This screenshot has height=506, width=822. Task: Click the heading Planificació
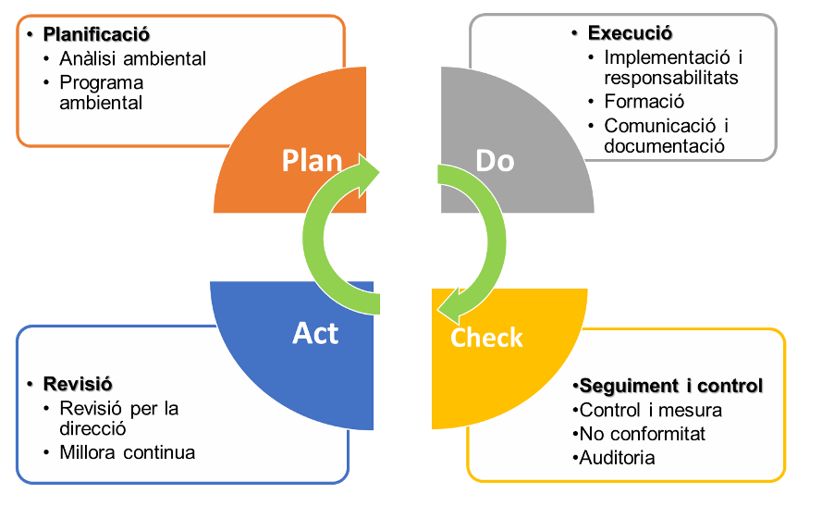pyautogui.click(x=96, y=36)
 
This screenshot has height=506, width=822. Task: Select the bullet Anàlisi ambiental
pyautogui.click(x=132, y=59)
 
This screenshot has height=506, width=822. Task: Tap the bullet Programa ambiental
pyautogui.click(x=102, y=93)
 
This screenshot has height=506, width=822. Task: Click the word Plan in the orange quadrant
pyautogui.click(x=312, y=160)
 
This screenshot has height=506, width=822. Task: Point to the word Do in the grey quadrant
pyautogui.click(x=495, y=160)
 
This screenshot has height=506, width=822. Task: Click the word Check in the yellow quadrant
pyautogui.click(x=486, y=338)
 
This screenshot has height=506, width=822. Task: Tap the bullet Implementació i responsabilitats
pyautogui.click(x=672, y=68)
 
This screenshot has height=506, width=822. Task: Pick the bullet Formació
pyautogui.click(x=644, y=102)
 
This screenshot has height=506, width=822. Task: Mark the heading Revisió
pyautogui.click(x=83, y=384)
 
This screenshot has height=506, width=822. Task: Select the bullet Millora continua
pyautogui.click(x=128, y=452)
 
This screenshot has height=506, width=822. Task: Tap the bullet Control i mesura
pyautogui.click(x=650, y=410)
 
